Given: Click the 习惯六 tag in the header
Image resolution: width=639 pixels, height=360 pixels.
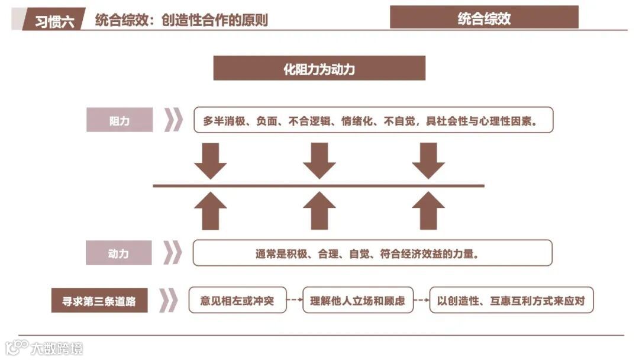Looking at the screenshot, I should coord(54,21).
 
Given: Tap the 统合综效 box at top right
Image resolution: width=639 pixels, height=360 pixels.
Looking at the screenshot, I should coord(484,18).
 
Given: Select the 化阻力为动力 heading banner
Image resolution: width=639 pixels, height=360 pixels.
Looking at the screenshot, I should coord(319,69).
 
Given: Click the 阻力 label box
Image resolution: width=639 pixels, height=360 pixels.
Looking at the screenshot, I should coord(120,120).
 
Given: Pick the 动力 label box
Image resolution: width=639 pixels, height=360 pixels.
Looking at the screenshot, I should coord(118,253).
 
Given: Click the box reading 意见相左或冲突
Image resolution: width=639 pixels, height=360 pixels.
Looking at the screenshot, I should coord(237,301).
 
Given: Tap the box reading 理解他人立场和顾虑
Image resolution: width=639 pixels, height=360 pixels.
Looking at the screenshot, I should coord(357,301).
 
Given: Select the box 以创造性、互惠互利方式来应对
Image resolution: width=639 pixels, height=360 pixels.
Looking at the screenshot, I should coord(511,301).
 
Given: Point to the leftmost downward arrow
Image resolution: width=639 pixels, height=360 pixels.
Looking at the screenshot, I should coord(211,160).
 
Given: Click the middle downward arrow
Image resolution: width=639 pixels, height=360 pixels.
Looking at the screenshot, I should coord(319,160).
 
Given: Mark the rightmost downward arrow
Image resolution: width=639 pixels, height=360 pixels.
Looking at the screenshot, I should coord(428,160).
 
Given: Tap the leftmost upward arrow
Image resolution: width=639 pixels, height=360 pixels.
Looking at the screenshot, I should coord(211,211).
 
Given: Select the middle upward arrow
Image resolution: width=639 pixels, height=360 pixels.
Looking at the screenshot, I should coord(319,211).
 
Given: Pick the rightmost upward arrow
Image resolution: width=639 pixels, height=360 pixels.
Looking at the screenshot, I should coord(428,211).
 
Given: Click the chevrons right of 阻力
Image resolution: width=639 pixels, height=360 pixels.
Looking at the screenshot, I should coord(173,120).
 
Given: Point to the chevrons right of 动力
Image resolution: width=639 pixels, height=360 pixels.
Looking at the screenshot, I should coord(172,253).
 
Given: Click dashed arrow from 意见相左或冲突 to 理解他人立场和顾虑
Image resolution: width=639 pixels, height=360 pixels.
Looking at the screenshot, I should coord(294,301).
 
